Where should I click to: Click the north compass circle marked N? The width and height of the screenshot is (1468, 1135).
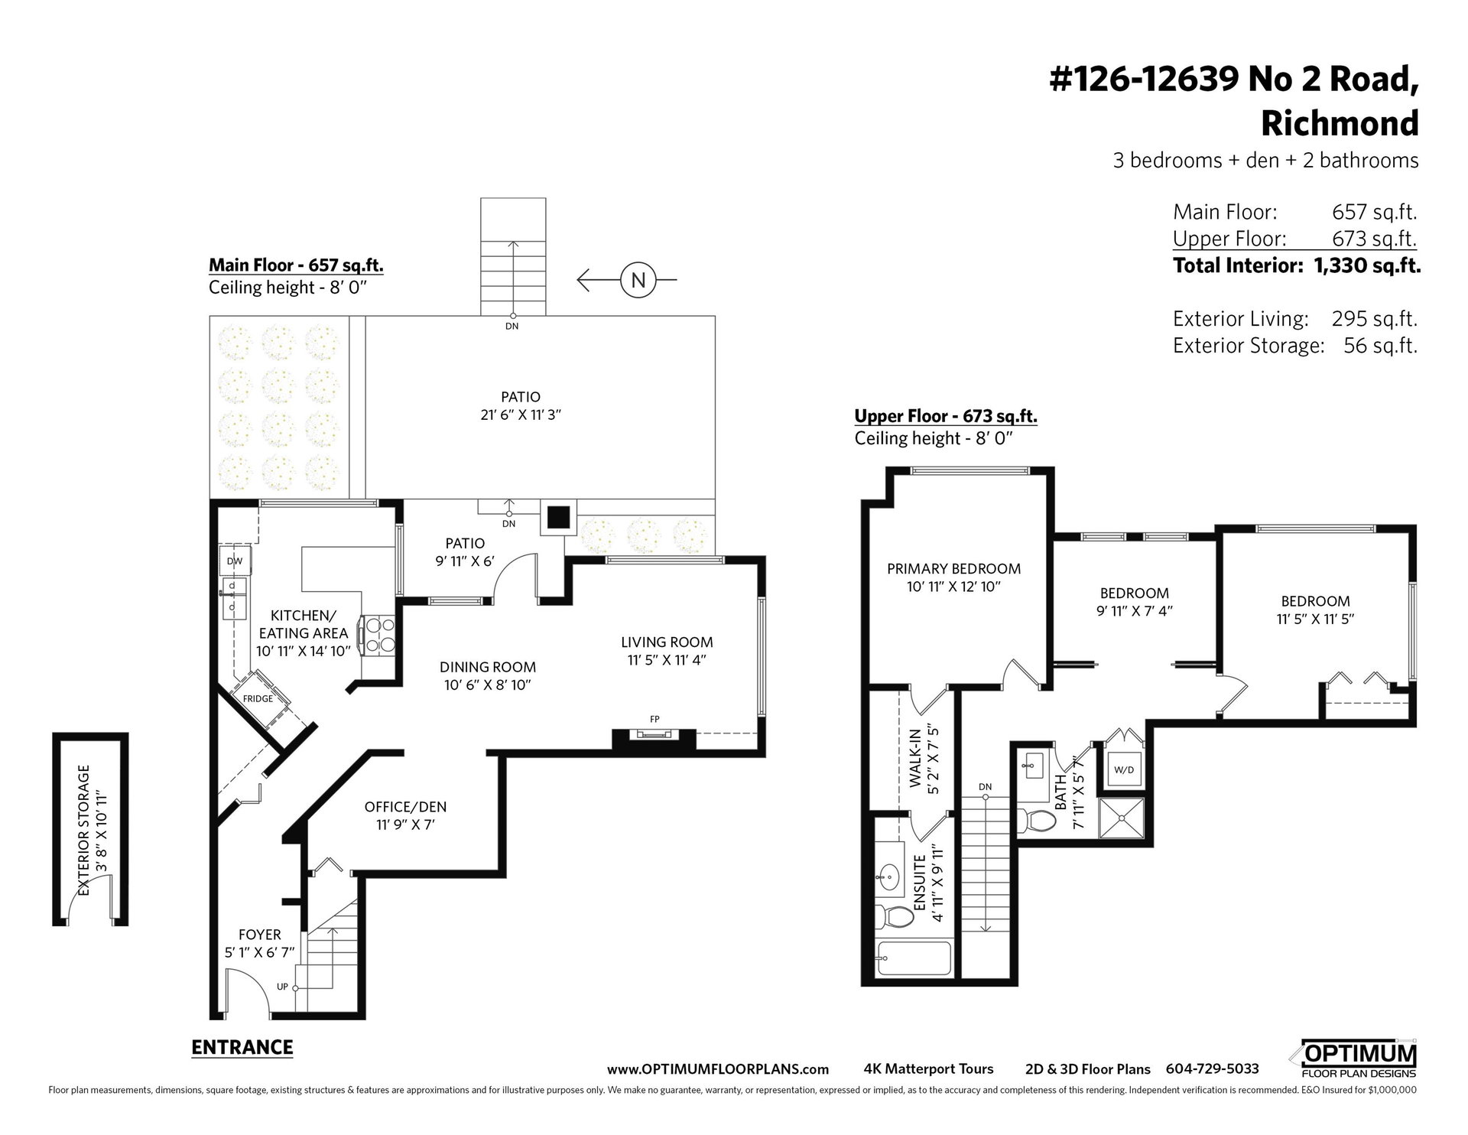pos(638,281)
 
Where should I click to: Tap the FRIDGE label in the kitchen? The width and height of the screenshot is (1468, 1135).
pos(258,698)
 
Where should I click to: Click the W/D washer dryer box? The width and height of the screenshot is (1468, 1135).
pos(1124,770)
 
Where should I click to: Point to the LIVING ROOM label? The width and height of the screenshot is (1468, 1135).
pos(667,642)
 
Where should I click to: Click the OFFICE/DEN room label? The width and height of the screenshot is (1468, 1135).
pos(405,806)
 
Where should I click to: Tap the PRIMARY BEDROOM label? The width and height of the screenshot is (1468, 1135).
pos(953,568)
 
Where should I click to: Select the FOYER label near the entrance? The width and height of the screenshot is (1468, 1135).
pos(260,934)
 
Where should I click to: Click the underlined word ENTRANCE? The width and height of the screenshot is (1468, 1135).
pos(242,1047)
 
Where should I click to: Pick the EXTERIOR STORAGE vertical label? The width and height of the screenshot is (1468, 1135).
pos(84,830)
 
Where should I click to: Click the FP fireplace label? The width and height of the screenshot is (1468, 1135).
pos(654,719)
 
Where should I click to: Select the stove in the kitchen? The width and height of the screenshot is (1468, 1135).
pos(381,635)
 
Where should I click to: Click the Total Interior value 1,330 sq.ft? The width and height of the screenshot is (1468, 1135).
pos(1367,265)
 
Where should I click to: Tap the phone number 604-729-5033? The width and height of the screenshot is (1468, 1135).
pos(1212,1068)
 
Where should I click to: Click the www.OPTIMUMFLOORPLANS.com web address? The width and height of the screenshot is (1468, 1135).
pos(718,1069)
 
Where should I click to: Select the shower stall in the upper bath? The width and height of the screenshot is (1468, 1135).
pos(1122,818)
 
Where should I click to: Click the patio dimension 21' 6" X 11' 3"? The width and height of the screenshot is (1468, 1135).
pos(521,415)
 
